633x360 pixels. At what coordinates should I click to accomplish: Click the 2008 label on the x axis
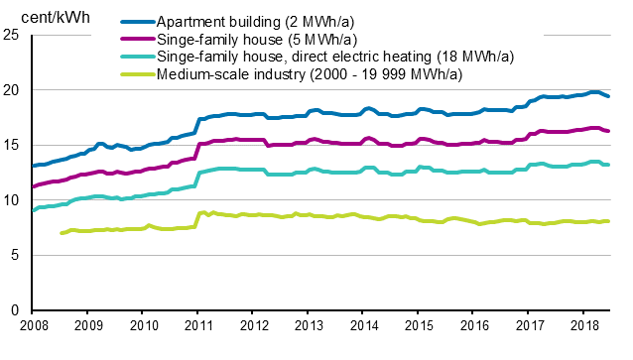click(33, 325)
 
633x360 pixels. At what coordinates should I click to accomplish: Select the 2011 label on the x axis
click(199, 325)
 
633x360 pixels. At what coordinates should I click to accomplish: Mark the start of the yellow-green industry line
click(63, 233)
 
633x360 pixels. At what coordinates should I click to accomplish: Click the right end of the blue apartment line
click(608, 96)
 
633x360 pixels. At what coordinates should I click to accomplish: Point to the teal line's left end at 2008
click(34, 210)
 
